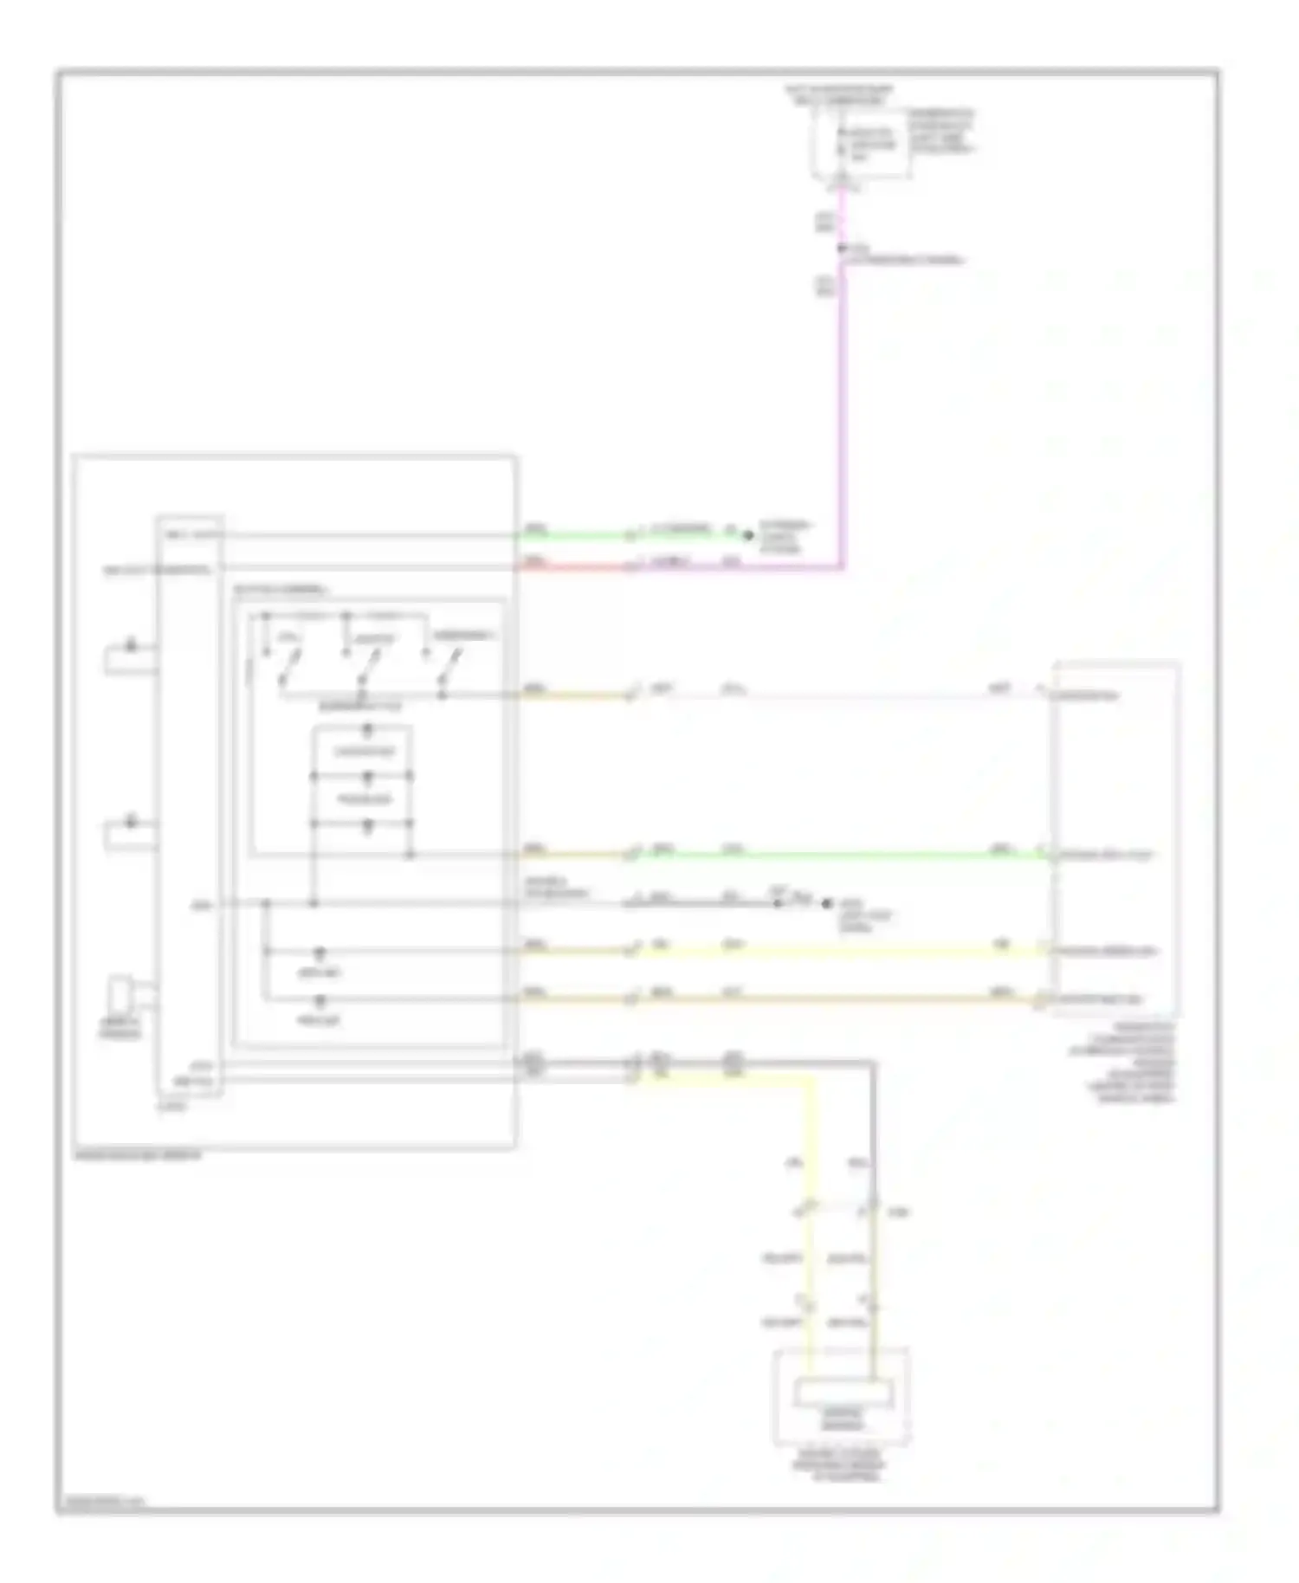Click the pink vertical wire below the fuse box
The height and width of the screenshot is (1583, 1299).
(x=842, y=390)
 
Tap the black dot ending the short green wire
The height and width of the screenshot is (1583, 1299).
(x=749, y=536)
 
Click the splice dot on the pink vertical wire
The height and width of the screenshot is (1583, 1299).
(x=841, y=249)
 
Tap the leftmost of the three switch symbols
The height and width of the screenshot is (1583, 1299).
(x=288, y=667)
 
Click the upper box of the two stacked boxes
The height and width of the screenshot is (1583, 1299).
(x=364, y=751)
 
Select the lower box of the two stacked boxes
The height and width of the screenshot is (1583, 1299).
(x=364, y=798)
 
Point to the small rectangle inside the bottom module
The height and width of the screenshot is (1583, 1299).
(x=843, y=1393)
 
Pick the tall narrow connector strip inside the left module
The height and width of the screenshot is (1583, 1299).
(x=190, y=805)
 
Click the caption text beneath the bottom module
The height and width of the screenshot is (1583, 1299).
(x=841, y=1463)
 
